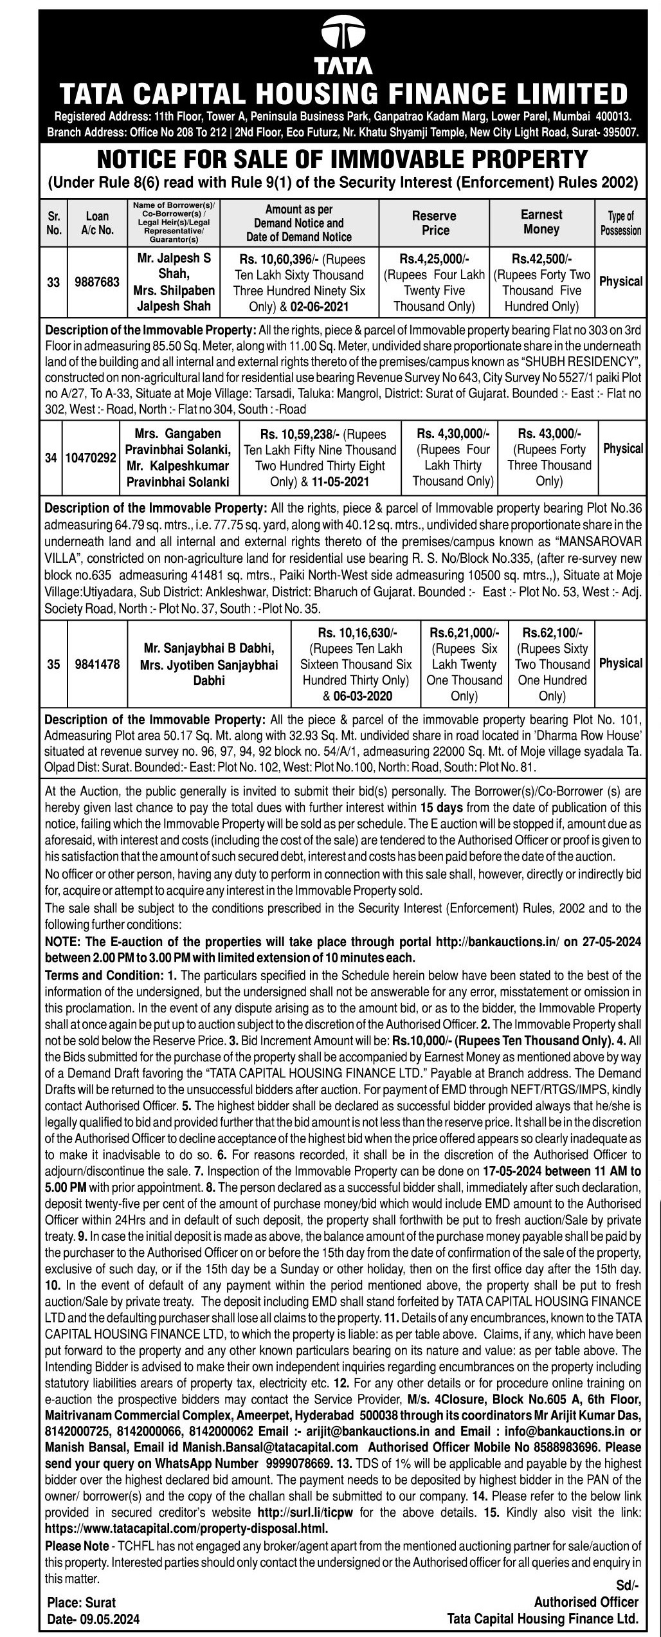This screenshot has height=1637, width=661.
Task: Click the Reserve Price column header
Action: [x=434, y=223]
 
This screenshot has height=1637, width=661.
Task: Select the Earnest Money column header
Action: [x=541, y=222]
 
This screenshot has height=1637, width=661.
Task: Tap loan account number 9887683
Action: [x=97, y=282]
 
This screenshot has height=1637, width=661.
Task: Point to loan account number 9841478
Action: [x=97, y=664]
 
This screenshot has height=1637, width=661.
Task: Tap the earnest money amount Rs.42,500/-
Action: [x=541, y=259]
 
